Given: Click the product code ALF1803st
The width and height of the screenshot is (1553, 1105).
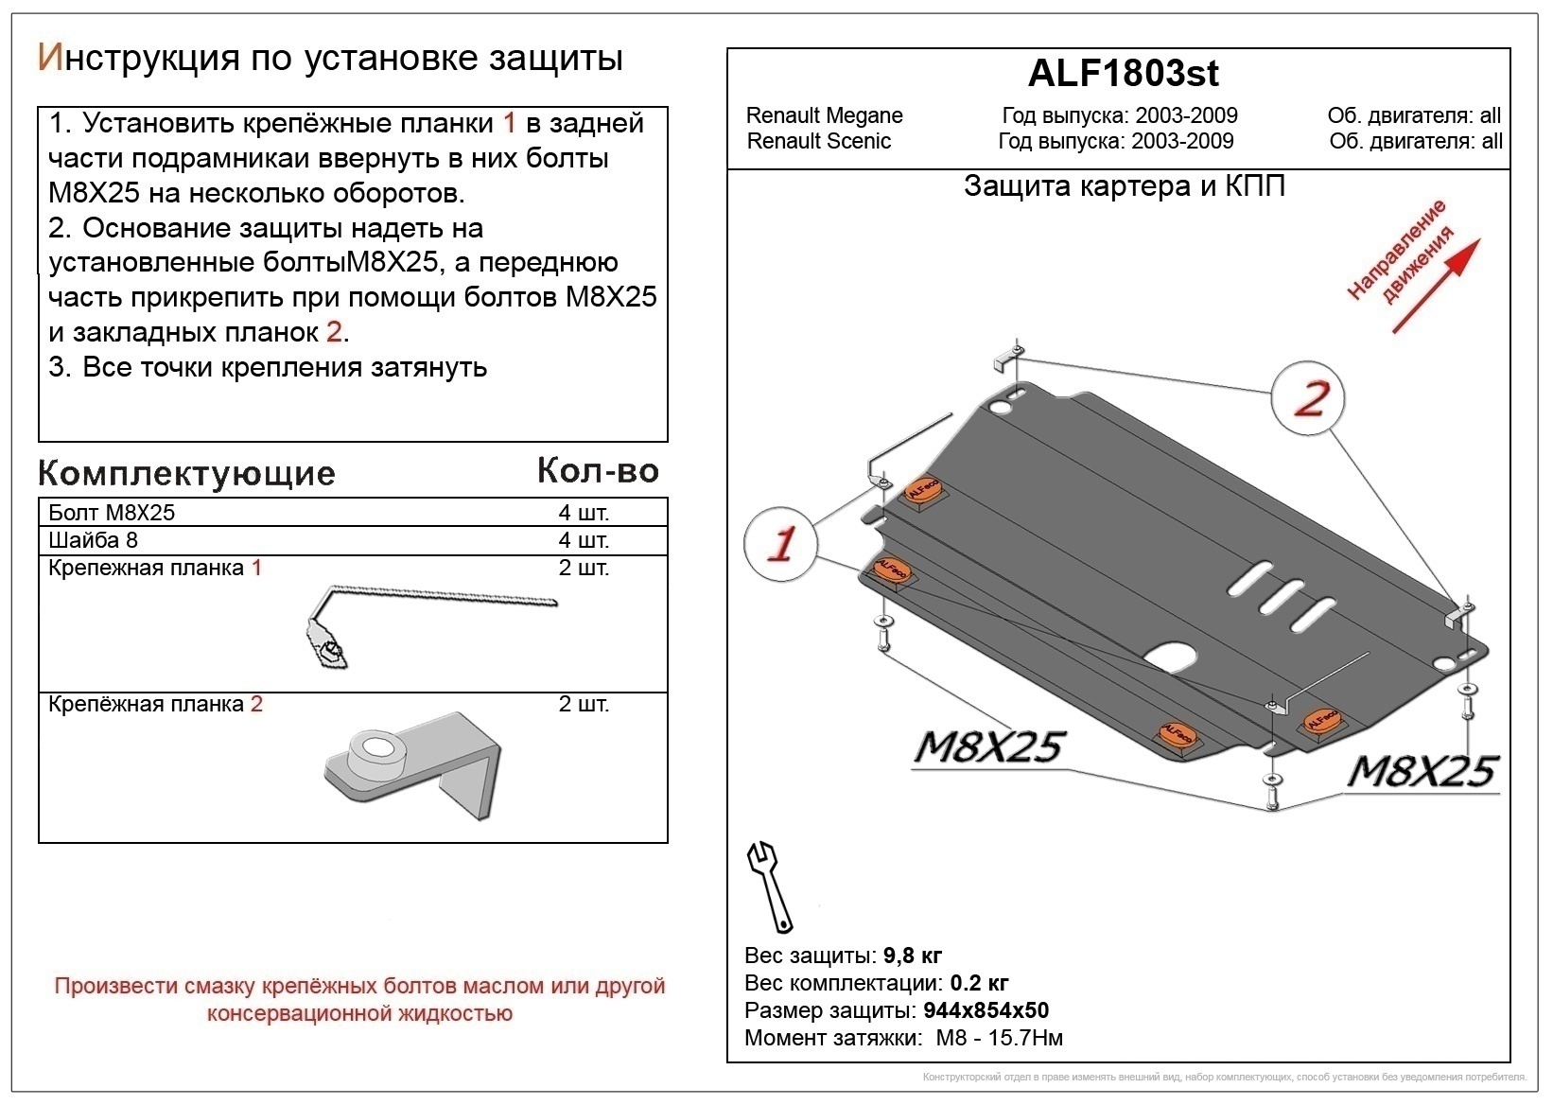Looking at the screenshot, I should point(1123,73).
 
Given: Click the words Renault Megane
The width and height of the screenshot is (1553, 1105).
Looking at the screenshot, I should point(824,115).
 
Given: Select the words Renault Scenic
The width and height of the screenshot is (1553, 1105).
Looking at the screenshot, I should point(818,141).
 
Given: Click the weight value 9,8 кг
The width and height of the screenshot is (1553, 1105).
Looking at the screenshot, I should point(912,956).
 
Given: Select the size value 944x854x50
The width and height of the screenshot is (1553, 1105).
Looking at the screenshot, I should point(986,1010).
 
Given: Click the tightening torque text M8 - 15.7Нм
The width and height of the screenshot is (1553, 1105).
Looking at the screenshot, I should point(999,1038).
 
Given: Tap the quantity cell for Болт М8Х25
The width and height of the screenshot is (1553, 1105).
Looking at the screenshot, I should point(583,513).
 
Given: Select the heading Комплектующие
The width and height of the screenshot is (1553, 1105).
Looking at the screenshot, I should point(186,473).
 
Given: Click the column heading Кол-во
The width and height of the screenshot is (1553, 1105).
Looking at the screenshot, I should point(597,470).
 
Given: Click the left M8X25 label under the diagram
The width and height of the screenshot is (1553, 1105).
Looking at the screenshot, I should point(988,747).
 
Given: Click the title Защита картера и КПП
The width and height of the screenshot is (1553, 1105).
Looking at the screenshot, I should point(1124,186).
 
